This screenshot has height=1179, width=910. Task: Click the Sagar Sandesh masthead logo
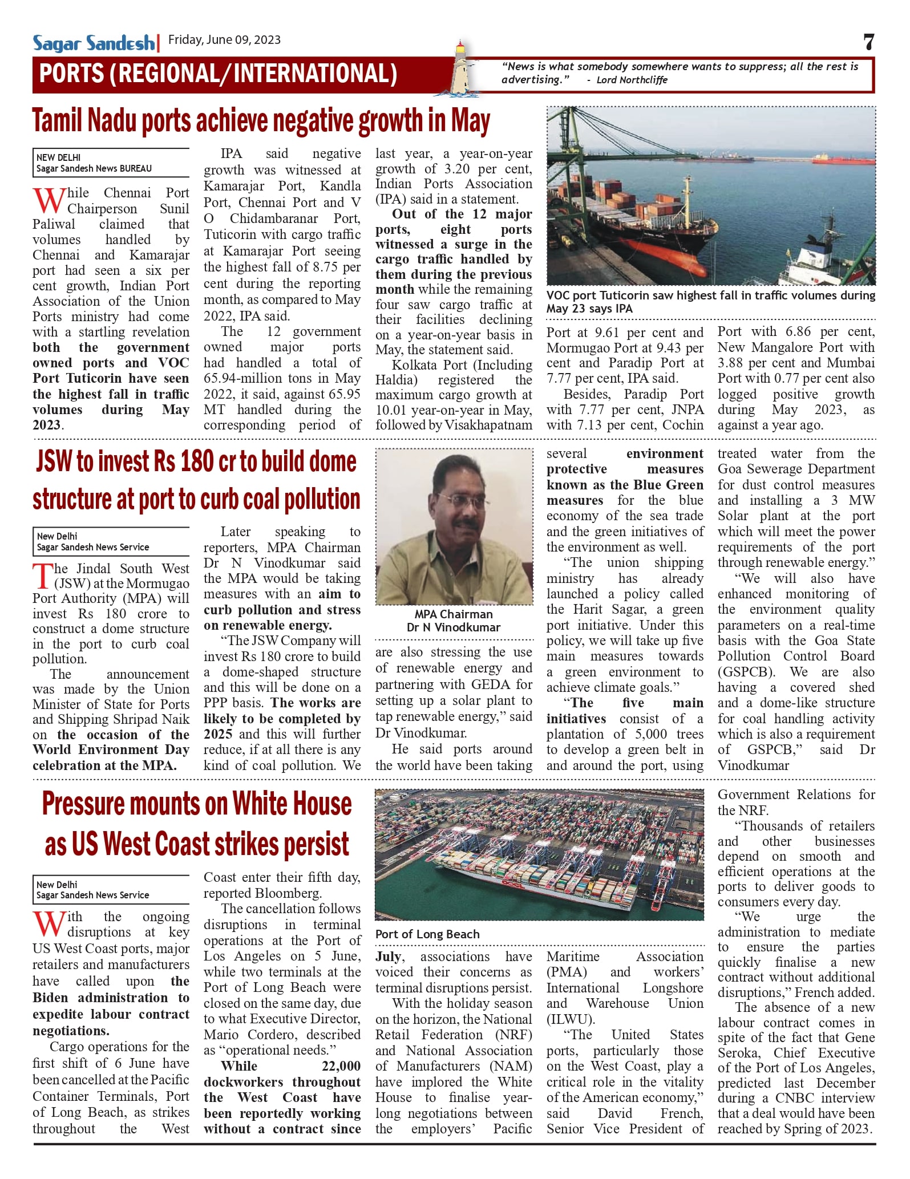point(94,43)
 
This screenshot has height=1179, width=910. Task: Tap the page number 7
point(868,42)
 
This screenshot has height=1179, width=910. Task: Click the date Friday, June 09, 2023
point(224,39)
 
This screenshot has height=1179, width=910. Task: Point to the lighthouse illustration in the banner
point(460,68)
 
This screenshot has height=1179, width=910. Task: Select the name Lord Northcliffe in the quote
point(632,80)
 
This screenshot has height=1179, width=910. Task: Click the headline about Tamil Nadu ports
point(261,121)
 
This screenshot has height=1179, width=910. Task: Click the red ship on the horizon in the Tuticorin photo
point(843,161)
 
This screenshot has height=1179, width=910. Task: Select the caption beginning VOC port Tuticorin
point(710,302)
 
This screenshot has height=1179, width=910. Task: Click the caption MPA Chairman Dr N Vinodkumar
point(454,621)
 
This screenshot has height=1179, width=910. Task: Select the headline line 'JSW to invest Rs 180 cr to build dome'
point(196,462)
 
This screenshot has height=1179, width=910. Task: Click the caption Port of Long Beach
point(427,934)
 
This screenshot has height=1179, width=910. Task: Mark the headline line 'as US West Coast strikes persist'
point(197,845)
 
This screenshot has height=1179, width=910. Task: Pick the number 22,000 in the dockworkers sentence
point(341,1066)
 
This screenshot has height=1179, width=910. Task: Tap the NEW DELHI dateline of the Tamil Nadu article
point(58,157)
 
